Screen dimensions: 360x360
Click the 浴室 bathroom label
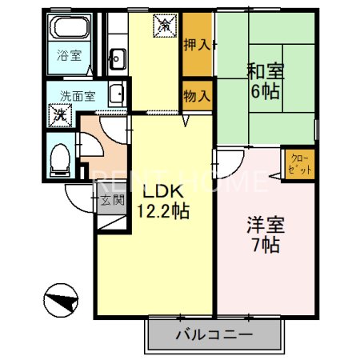tap(69, 56)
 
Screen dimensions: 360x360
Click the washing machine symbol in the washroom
tap(61, 114)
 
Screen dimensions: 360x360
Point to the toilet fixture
tap(59, 157)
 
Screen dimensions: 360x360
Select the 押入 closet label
tap(196, 45)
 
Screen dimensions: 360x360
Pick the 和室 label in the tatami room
tap(262, 70)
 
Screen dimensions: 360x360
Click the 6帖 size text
tap(262, 92)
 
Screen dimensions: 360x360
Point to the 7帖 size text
tap(262, 246)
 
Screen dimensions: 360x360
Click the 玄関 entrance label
tap(111, 200)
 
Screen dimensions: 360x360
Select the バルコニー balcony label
tap(214, 335)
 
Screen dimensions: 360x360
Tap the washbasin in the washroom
tap(117, 94)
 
